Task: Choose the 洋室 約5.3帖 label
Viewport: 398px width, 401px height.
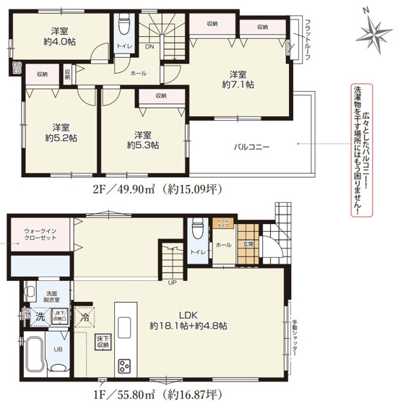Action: (x=142, y=139)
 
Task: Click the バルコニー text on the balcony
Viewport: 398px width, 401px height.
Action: (x=251, y=147)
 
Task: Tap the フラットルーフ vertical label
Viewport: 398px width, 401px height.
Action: (x=307, y=40)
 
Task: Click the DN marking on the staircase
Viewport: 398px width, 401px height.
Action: (x=149, y=46)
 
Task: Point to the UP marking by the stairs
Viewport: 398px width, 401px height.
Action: (x=172, y=282)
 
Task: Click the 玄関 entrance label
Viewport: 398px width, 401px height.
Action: (x=248, y=243)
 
